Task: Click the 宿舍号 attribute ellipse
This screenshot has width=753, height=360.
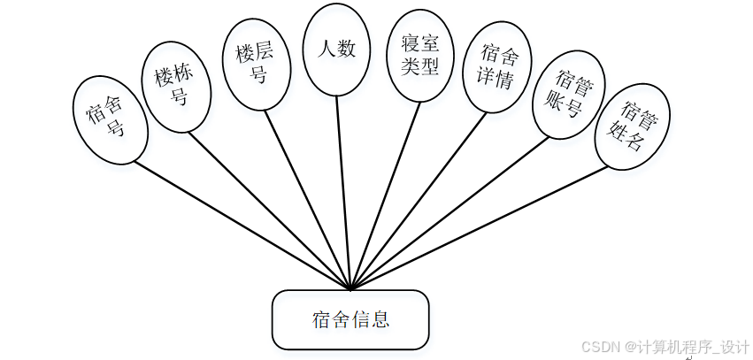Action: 107,120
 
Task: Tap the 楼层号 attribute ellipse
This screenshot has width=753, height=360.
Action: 256,65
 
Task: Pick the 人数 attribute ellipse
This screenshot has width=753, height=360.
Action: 335,49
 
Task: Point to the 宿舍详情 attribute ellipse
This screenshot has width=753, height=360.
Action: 498,68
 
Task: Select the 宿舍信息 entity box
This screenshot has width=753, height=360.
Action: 350,319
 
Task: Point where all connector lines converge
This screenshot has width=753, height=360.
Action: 351,288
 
